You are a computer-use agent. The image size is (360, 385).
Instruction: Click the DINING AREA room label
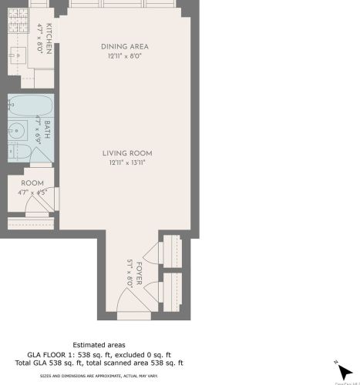pos(125,47)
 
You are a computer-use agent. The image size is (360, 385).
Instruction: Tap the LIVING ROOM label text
pos(125,153)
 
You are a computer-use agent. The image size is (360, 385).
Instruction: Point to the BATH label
pos(48,126)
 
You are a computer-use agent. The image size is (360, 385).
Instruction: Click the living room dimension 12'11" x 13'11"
pos(125,162)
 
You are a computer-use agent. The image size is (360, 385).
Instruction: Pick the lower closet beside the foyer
pos(170,290)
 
